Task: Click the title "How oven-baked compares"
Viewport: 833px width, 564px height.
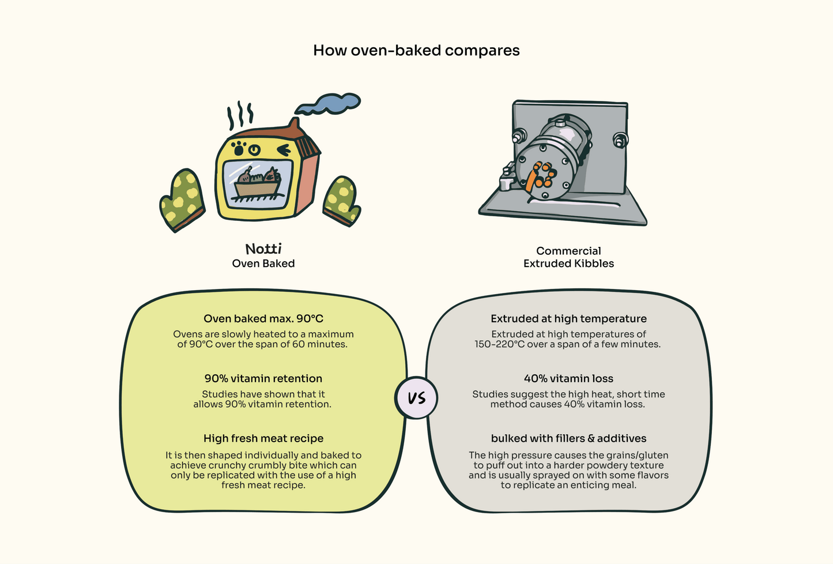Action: click(x=416, y=51)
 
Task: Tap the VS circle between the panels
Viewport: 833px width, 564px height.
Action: click(x=416, y=398)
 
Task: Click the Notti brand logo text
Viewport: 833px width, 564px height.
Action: click(x=263, y=249)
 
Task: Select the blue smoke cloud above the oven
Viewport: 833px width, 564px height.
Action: click(x=329, y=104)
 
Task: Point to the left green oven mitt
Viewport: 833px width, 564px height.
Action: click(x=183, y=199)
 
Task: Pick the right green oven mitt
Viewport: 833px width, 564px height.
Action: click(x=342, y=200)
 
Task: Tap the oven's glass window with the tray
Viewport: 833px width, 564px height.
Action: click(x=258, y=183)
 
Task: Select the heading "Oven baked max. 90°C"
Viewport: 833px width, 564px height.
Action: click(x=263, y=319)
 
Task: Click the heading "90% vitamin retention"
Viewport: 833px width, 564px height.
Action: click(x=263, y=379)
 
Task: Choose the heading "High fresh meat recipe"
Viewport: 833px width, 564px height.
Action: click(x=263, y=439)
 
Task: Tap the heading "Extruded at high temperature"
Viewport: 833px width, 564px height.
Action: click(x=568, y=319)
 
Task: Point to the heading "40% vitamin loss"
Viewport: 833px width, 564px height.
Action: click(x=568, y=379)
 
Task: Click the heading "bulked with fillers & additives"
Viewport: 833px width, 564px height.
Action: click(x=568, y=439)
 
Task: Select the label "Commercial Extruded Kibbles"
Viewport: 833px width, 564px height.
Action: click(x=568, y=257)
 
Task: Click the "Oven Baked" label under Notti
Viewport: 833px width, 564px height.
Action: click(x=263, y=264)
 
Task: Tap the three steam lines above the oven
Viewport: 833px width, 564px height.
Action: click(x=240, y=115)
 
